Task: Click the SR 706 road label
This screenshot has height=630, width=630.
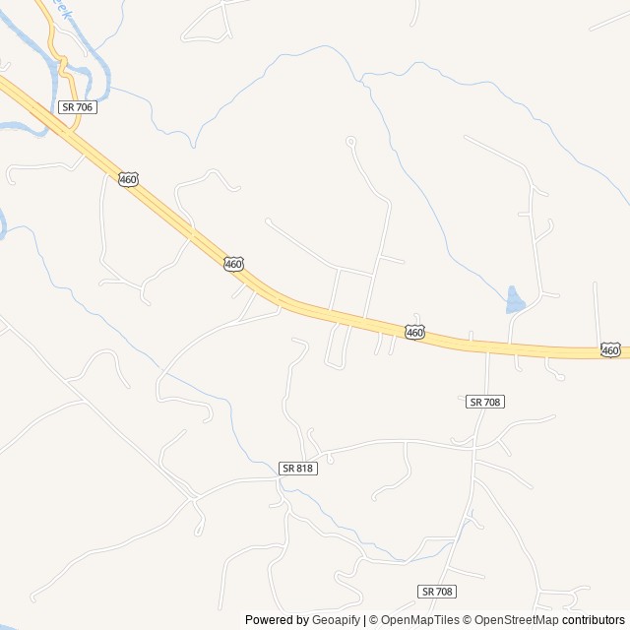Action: click(x=77, y=107)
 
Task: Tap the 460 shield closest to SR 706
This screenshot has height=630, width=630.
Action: click(x=128, y=179)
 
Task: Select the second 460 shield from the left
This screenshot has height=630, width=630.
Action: click(x=232, y=264)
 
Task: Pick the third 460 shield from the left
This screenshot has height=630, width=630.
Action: click(x=415, y=333)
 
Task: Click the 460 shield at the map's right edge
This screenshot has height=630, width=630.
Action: click(x=610, y=349)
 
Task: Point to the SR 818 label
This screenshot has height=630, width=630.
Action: click(x=297, y=469)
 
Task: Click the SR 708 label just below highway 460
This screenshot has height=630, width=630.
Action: click(x=485, y=402)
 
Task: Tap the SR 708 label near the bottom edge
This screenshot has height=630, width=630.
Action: click(x=437, y=591)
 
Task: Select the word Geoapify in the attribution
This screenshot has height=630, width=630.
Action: click(x=337, y=620)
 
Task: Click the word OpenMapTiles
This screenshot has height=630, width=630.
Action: click(x=420, y=620)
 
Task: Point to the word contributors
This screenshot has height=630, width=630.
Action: click(x=594, y=620)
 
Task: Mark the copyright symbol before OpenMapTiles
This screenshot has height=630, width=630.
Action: click(x=374, y=620)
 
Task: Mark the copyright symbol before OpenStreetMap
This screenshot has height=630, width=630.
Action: click(x=469, y=620)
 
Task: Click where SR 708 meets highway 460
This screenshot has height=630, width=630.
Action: click(x=488, y=346)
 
